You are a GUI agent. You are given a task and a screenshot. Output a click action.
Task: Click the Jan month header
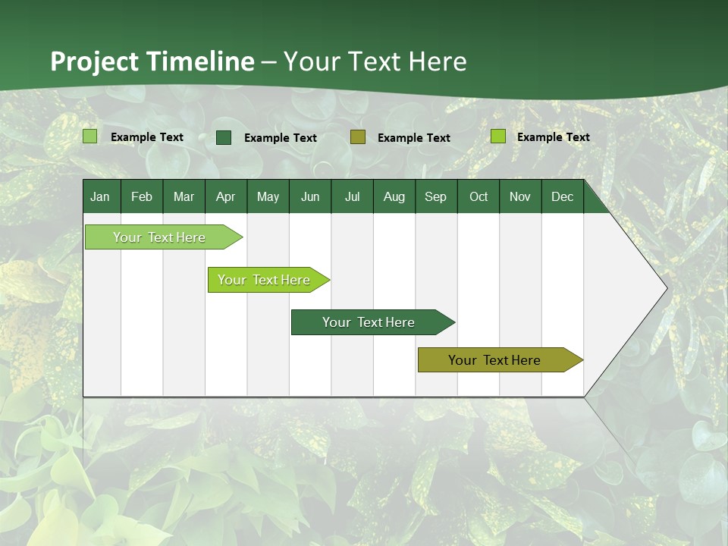point(100,196)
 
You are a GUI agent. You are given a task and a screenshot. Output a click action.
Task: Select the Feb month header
point(142,196)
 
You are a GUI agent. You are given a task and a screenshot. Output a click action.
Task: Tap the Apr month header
point(225,196)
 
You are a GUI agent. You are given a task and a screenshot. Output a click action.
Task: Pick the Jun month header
point(310,196)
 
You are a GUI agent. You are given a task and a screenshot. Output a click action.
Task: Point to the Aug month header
point(394,196)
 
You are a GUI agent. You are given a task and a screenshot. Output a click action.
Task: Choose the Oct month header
point(479,196)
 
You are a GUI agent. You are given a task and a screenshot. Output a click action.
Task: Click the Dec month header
point(562,196)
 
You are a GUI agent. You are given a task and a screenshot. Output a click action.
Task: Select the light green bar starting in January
point(159,237)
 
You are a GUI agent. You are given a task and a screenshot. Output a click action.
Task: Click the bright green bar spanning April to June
point(265,280)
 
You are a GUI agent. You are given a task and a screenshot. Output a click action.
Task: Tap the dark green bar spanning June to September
point(369,322)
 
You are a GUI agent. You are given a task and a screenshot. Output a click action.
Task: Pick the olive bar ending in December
point(494,360)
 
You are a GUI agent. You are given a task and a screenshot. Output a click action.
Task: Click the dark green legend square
point(224,137)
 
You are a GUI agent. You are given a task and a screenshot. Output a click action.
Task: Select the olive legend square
point(358,137)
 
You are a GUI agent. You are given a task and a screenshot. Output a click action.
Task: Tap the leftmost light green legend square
point(89,136)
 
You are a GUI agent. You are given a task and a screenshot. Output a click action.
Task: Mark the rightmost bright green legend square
point(497,136)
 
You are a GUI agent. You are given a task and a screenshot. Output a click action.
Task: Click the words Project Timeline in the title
point(152,61)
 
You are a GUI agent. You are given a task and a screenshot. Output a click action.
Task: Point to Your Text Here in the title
point(375,61)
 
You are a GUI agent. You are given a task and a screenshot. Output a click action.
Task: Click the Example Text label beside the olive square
point(413,138)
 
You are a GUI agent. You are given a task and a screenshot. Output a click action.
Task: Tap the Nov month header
point(519,196)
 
